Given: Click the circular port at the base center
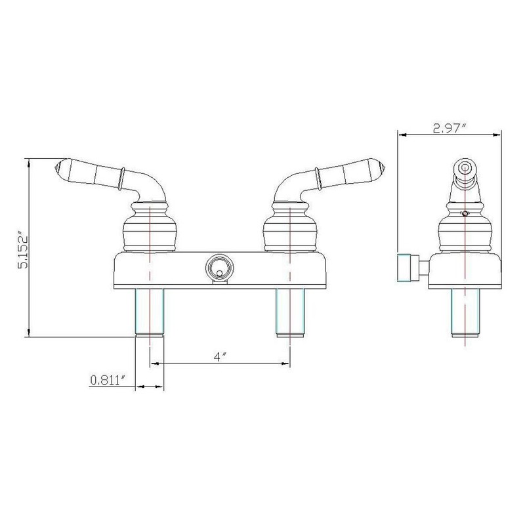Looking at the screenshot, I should click(218, 267).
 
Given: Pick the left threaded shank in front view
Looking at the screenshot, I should click(149, 312).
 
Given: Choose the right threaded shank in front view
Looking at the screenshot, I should click(290, 312).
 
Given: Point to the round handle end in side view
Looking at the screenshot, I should click(465, 167).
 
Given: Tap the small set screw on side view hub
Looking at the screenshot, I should click(465, 213).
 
